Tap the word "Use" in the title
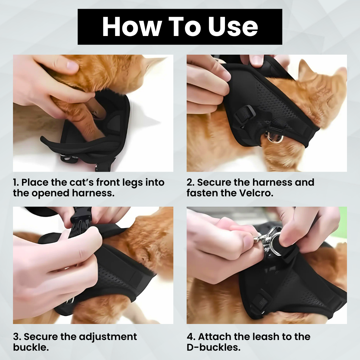pos(233,27)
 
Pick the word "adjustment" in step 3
pos(108,337)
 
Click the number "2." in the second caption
pos(191,183)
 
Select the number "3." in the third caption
pos(17,337)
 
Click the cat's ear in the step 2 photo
pos(305,68)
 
